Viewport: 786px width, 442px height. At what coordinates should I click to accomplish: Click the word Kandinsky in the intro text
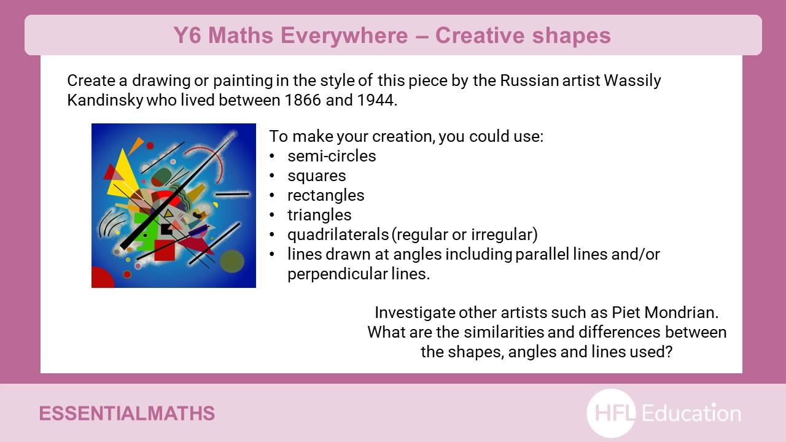[x=105, y=100]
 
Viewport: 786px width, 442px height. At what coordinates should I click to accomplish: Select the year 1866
[x=303, y=100]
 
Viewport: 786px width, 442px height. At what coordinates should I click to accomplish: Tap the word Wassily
[x=632, y=81]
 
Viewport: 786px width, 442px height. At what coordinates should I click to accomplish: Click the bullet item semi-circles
[x=332, y=156]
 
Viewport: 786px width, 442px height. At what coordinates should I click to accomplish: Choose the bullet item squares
[x=316, y=176]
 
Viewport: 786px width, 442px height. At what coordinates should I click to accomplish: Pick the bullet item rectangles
[x=325, y=196]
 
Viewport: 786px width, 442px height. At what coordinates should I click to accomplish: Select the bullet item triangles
[x=319, y=215]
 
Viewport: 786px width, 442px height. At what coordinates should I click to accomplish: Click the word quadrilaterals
[x=338, y=235]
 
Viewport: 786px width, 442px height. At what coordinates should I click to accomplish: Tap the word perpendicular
[x=338, y=274]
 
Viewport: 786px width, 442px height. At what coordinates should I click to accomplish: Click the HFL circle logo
[x=611, y=413]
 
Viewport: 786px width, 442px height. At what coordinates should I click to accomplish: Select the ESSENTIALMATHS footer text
[x=127, y=414]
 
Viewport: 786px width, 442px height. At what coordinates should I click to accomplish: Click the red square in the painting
[x=165, y=250]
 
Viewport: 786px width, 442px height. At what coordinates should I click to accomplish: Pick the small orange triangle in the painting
[x=136, y=145]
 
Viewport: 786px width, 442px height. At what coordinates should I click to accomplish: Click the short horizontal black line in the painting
[x=232, y=193]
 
